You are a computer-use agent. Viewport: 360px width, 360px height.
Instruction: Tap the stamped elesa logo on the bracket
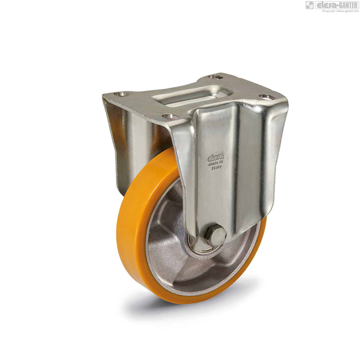(x=216, y=157)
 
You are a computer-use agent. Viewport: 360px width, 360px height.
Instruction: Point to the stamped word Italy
(x=217, y=167)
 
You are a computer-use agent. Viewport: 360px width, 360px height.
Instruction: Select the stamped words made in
(x=216, y=163)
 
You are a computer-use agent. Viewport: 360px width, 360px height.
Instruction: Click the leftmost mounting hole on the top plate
(x=122, y=94)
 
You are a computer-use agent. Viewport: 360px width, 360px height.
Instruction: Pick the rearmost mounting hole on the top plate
(x=215, y=77)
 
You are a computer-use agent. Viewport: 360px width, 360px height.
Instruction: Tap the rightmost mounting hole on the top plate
(x=267, y=97)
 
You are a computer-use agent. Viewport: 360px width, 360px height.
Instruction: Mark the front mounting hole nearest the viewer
(x=169, y=116)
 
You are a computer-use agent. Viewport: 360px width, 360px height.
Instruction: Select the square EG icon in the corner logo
(x=310, y=5)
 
